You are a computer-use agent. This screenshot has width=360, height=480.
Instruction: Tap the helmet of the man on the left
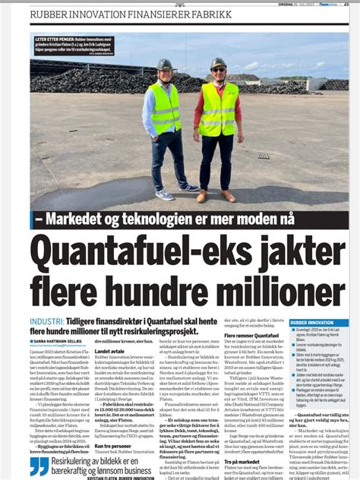(x=165, y=65)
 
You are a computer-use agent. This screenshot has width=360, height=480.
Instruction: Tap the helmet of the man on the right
(x=219, y=62)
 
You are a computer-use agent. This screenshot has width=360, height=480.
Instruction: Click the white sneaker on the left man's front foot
(x=164, y=194)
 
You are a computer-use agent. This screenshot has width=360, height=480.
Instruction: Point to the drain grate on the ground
(x=263, y=155)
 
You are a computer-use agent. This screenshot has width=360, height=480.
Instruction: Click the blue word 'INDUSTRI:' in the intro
(x=46, y=324)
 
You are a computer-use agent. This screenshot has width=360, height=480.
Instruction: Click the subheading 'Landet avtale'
(x=109, y=352)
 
